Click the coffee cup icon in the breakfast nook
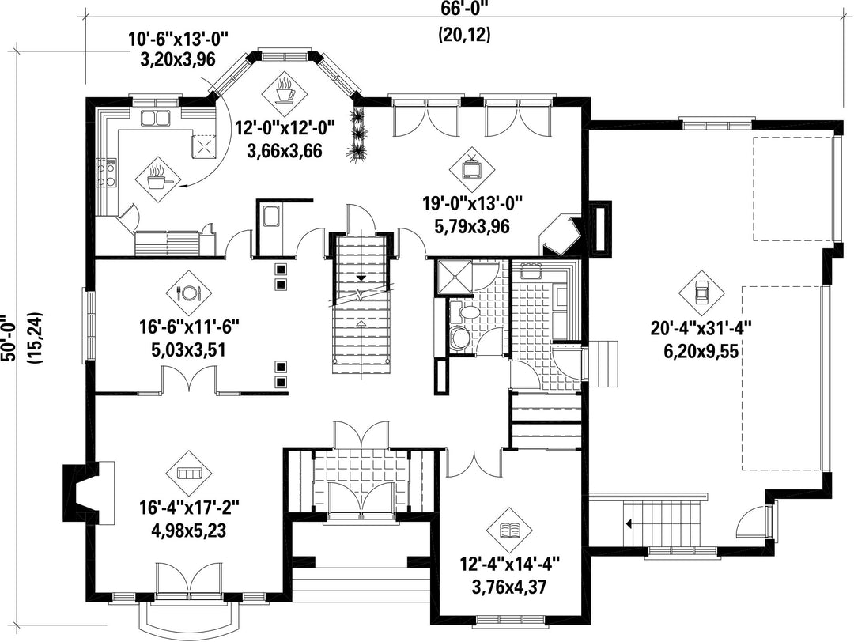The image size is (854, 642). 285,92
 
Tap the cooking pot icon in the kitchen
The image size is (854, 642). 157,177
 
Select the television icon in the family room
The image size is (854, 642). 470,167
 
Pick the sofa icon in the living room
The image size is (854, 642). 189,472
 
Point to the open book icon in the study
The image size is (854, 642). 511,529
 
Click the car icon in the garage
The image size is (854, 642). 701,292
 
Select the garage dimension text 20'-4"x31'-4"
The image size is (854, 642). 701,329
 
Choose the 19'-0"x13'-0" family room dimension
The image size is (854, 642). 473,204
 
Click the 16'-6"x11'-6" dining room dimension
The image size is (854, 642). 190,327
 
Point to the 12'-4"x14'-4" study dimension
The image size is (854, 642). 511,562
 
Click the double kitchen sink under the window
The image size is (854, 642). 155,117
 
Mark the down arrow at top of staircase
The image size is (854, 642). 360,279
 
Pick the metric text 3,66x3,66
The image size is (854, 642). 285,149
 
